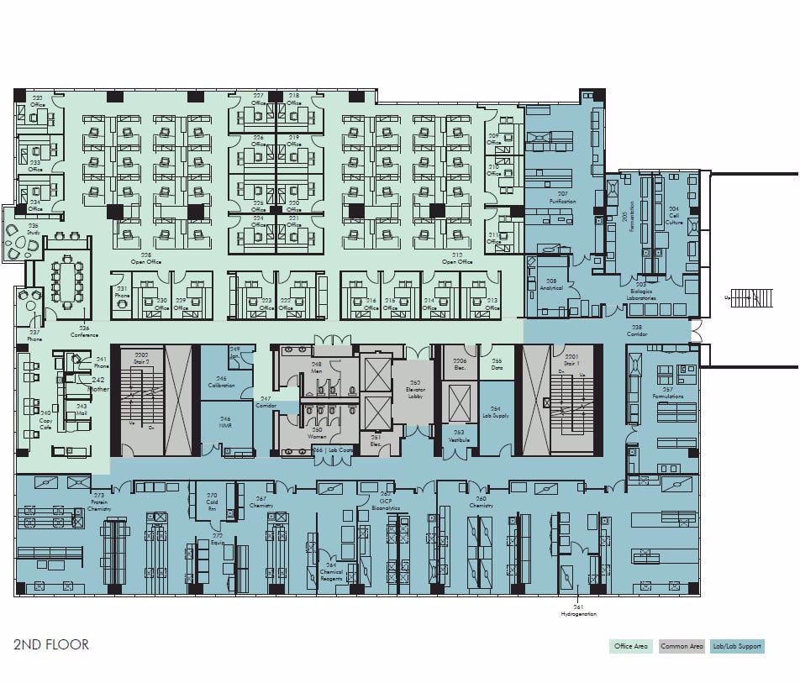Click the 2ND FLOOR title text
pyautogui.click(x=51, y=644)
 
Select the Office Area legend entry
pyautogui.click(x=629, y=646)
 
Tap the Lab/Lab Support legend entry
pyautogui.click(x=737, y=646)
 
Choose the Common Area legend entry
pyautogui.click(x=681, y=646)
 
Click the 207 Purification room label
pyautogui.click(x=562, y=198)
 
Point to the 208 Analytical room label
pyautogui.click(x=551, y=284)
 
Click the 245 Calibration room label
pyautogui.click(x=222, y=382)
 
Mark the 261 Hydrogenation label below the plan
pyautogui.click(x=578, y=611)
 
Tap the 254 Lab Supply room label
pyautogui.click(x=496, y=412)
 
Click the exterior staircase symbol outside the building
pyautogui.click(x=752, y=297)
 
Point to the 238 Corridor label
pyautogui.click(x=637, y=330)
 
